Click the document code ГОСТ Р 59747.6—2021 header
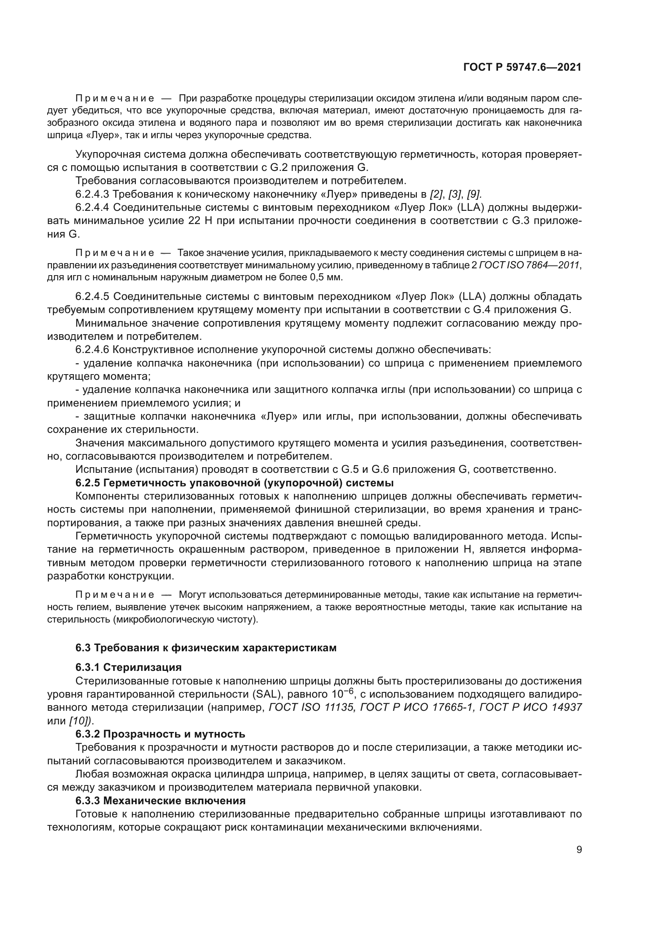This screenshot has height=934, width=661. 522,67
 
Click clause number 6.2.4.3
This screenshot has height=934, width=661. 92,194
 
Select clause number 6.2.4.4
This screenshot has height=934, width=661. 92,208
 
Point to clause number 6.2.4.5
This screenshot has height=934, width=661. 92,296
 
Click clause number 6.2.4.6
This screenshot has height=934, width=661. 92,349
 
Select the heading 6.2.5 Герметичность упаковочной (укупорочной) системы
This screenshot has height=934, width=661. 235,483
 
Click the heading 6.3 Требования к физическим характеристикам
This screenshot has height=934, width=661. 206,648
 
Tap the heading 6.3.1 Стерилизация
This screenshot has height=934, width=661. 128,667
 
